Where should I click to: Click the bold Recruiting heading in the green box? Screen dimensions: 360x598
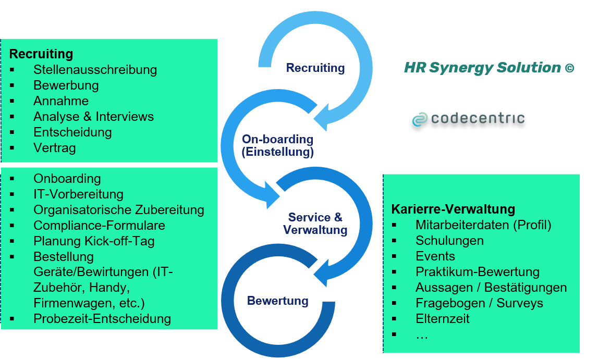tap(41, 54)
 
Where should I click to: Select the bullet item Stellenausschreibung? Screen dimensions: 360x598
tap(95, 70)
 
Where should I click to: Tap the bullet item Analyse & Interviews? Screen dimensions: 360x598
tap(93, 117)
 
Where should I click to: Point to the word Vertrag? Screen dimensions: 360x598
tap(54, 148)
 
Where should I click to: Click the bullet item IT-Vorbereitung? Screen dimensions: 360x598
tap(78, 194)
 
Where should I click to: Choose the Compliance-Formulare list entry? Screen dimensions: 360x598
tap(99, 226)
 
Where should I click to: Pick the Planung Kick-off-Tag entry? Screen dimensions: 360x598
tap(94, 241)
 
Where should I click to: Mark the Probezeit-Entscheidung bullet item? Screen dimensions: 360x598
tap(102, 318)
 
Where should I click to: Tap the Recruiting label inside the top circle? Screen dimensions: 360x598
tap(315, 68)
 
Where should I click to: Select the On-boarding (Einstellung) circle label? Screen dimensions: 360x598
tap(277, 146)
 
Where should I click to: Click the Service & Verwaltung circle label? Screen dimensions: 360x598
tap(315, 224)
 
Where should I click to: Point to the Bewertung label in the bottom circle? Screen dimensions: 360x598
tap(277, 301)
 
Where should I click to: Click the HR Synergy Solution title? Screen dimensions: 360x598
tap(482, 68)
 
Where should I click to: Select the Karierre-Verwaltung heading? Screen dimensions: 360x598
tap(453, 209)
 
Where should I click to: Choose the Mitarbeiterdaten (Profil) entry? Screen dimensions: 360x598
tap(483, 225)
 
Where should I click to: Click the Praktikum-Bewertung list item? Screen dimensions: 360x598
tap(477, 272)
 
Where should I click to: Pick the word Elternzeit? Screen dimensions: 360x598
tap(442, 319)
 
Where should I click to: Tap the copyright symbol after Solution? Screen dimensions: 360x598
tap(569, 68)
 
